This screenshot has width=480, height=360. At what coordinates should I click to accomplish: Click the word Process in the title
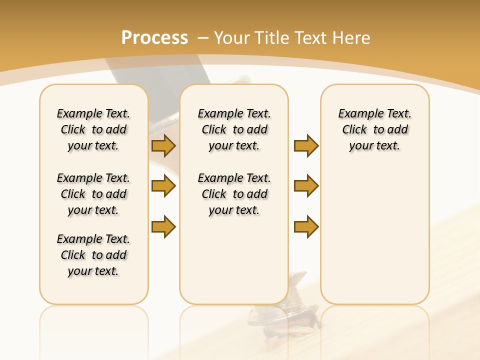pos(154,38)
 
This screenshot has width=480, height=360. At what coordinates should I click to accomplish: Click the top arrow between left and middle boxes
pos(163,146)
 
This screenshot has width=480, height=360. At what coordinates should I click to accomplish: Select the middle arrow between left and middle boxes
pos(163,186)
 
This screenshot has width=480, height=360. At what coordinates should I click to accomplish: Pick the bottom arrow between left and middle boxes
pos(163,226)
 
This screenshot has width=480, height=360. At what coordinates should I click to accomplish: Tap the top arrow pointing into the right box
pos(306,146)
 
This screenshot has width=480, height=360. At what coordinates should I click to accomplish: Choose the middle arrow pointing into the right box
pos(306,186)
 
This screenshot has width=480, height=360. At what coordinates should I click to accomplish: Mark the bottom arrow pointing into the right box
pos(306,226)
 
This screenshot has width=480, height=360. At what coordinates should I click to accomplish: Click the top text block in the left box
pos(93,129)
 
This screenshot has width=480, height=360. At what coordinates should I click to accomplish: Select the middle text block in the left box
pos(93,194)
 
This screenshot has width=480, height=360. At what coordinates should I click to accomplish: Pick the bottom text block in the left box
pos(93,255)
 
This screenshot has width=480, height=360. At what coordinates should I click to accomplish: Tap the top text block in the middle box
pos(234,129)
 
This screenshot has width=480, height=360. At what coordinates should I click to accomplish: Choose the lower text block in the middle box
pos(234,194)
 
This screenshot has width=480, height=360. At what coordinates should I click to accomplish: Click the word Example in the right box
pos(358,114)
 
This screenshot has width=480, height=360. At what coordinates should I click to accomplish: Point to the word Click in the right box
pos(354,130)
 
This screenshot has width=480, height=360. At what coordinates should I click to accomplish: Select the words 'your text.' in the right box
pos(374,146)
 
